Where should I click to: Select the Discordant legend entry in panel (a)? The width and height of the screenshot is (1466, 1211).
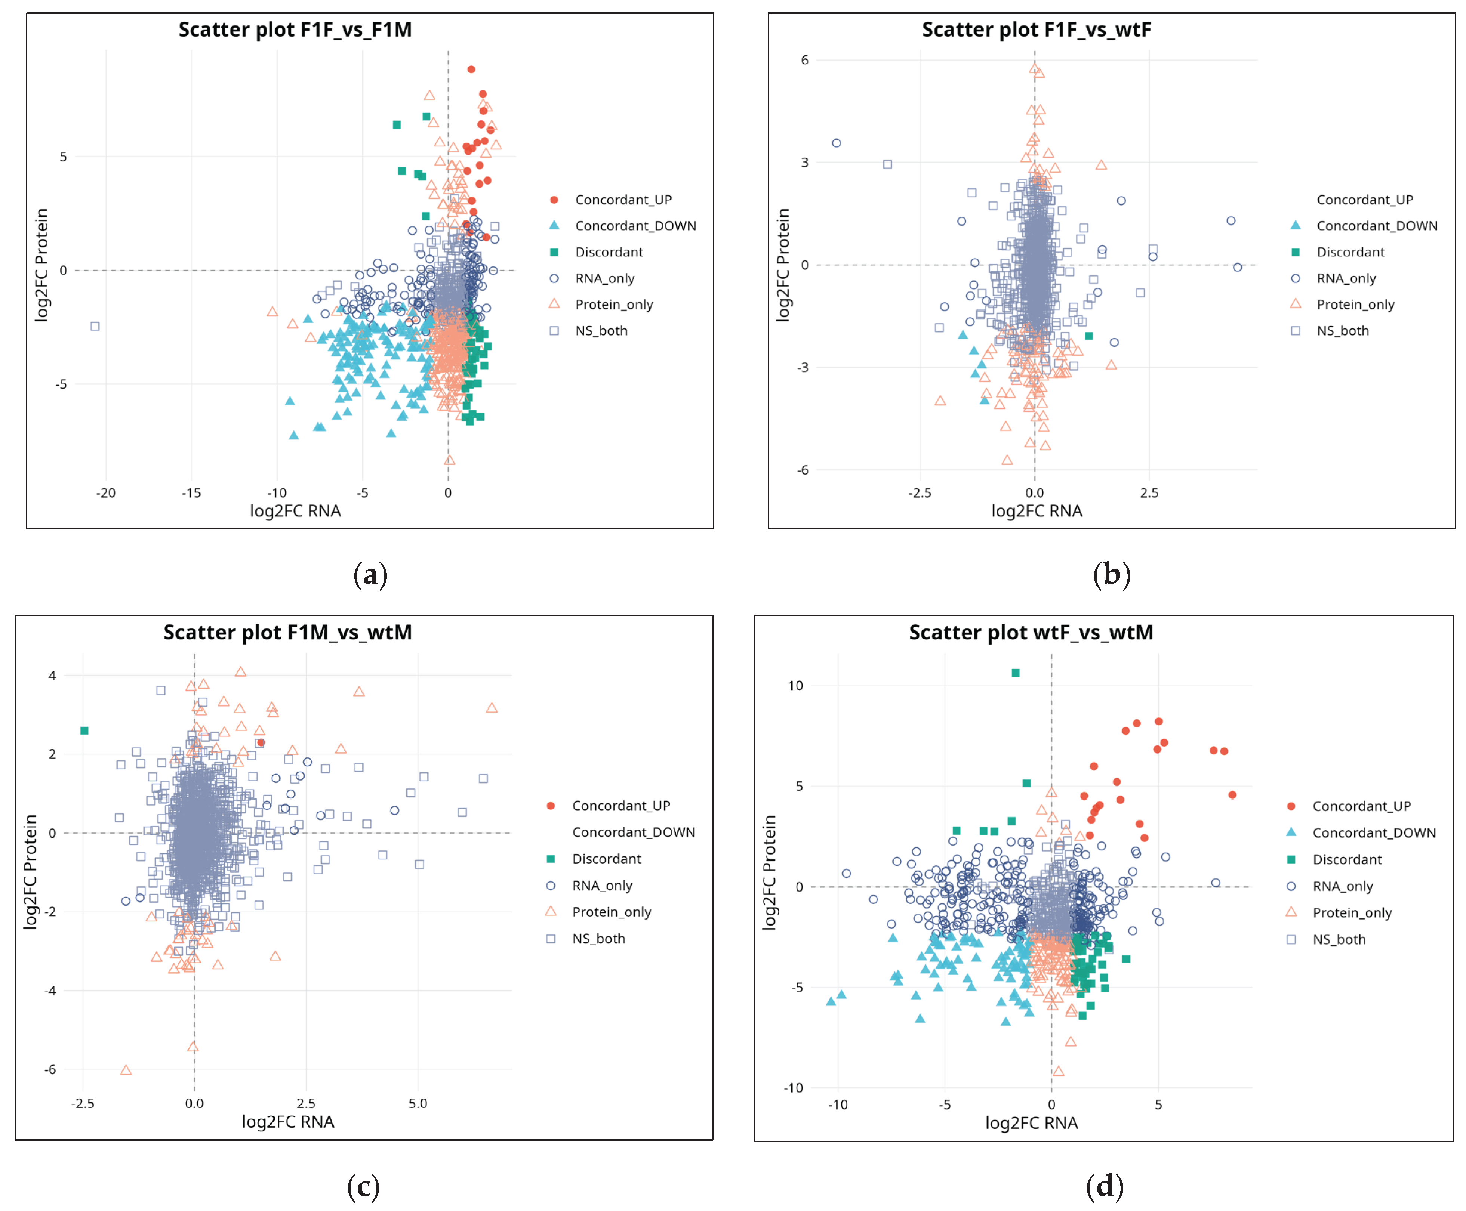coord(609,252)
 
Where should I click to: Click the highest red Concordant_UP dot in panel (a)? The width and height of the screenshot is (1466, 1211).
coord(471,69)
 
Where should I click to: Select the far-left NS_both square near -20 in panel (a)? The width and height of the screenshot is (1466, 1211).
coord(95,326)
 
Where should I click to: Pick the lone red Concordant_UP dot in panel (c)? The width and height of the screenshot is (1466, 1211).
coord(260,742)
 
